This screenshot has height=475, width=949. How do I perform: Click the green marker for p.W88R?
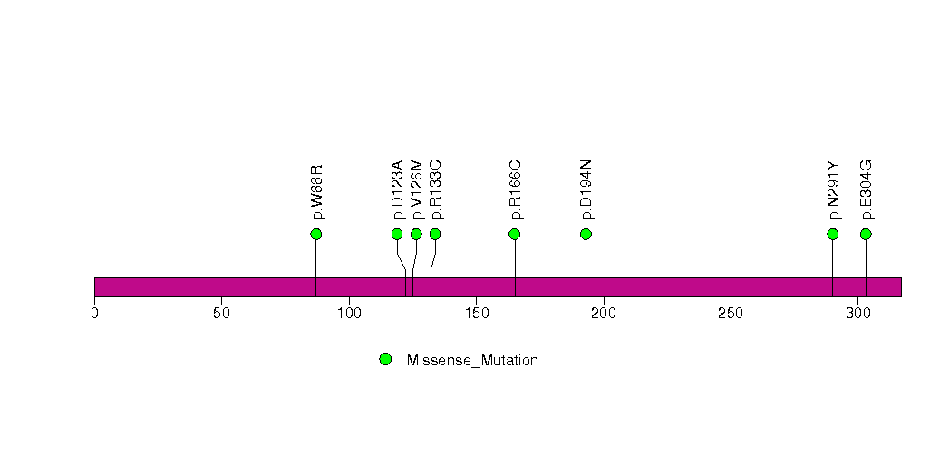[315, 235]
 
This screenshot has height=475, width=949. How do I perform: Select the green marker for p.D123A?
[397, 235]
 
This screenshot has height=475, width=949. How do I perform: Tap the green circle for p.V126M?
[416, 235]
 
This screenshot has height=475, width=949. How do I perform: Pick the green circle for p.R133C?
[435, 235]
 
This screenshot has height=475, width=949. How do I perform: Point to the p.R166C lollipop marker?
[515, 235]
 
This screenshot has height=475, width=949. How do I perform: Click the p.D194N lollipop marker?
[586, 235]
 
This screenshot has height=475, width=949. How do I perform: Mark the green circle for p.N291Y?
[833, 235]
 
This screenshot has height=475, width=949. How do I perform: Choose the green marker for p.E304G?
[866, 235]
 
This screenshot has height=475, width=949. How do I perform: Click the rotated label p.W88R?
[317, 192]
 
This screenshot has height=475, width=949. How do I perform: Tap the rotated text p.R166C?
[516, 190]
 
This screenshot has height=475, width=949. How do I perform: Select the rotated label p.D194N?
[586, 190]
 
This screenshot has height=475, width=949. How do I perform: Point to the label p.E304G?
[867, 190]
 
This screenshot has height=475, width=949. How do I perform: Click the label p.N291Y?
[834, 190]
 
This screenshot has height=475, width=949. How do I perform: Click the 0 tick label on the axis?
[94, 314]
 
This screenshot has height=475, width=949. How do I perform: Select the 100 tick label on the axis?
[349, 314]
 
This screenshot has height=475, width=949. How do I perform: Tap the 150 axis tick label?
[476, 314]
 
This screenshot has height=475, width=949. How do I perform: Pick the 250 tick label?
[731, 314]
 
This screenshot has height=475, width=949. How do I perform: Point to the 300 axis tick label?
[857, 314]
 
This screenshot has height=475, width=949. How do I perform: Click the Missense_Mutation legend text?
[472, 361]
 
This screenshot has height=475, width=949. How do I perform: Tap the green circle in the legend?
[385, 360]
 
